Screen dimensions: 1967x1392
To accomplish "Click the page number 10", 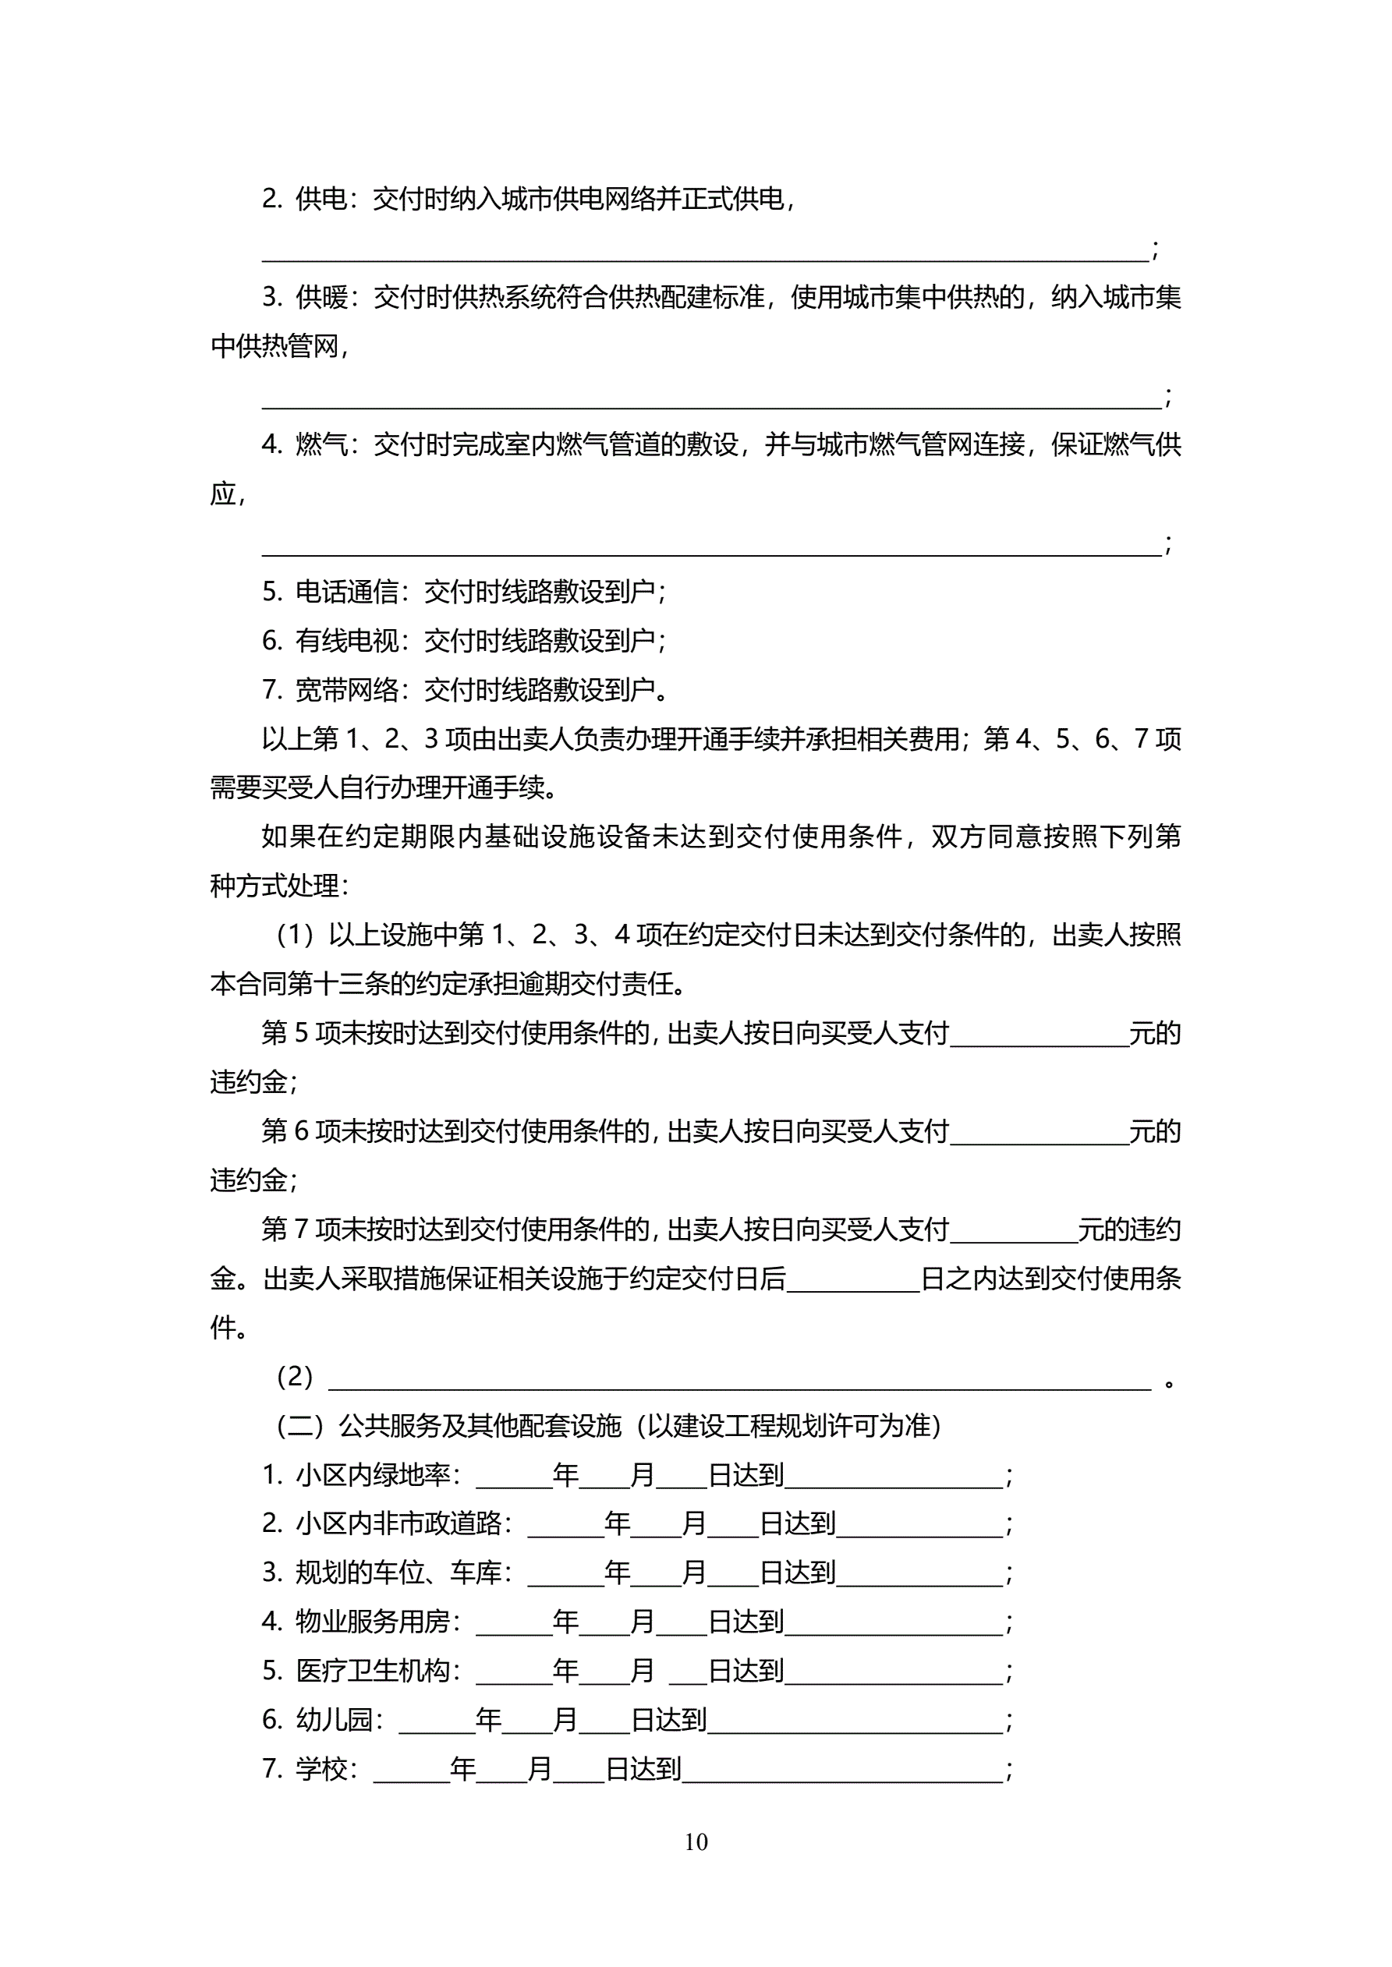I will (696, 1841).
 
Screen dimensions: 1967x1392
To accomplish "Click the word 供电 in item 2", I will (321, 199).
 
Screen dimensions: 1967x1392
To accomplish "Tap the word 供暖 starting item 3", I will (321, 297).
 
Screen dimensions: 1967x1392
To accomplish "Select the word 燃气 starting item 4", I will (321, 444).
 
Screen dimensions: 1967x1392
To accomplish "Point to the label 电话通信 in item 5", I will (346, 591).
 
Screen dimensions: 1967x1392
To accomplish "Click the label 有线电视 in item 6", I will (346, 640).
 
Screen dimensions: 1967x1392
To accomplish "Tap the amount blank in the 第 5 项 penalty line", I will (1039, 1035).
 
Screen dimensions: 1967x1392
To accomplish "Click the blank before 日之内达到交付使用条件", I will (852, 1280).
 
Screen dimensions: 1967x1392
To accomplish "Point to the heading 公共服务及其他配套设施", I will (479, 1426).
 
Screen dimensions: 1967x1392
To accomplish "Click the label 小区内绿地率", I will (372, 1474).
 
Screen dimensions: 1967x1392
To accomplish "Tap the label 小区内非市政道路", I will (398, 1523).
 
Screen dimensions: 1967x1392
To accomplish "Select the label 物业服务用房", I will (372, 1622).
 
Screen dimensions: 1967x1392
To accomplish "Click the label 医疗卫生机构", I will (372, 1671).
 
